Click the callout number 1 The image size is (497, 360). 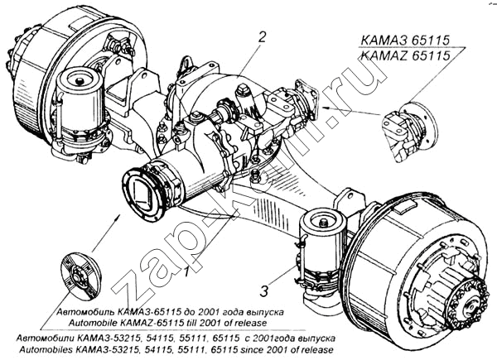click(186, 271)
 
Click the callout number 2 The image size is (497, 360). click(262, 37)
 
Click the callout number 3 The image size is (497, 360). click(264, 291)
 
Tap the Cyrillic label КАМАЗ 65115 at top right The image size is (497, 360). click(405, 41)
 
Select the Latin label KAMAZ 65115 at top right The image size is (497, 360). click(405, 55)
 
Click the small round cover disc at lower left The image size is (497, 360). click(81, 276)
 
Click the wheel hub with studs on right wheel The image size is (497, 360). click(466, 305)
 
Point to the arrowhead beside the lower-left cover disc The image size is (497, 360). click(118, 217)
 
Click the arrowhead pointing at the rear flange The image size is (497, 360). click(324, 108)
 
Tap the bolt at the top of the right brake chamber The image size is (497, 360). click(324, 223)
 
